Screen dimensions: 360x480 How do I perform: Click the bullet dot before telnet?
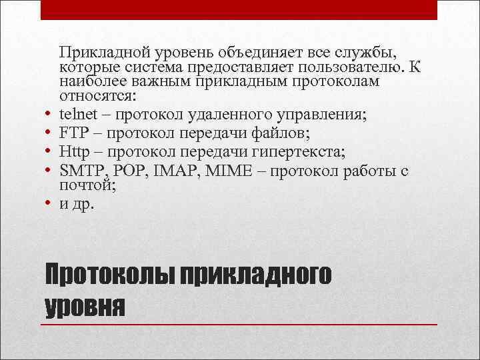point(49,115)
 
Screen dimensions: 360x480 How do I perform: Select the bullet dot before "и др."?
point(49,204)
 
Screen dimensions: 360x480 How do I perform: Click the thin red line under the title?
point(240,325)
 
